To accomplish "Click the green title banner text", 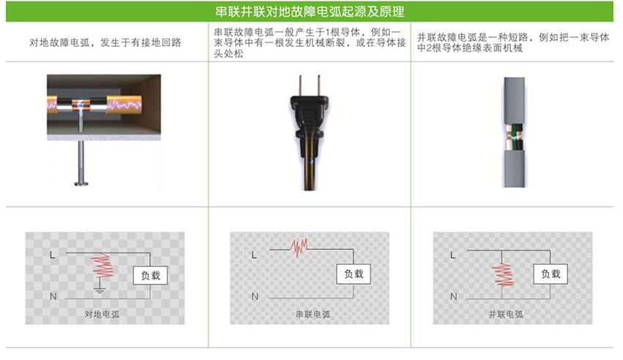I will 311,12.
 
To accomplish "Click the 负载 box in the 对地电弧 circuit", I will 150,275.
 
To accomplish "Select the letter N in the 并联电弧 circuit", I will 454,296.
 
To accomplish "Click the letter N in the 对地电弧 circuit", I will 53,296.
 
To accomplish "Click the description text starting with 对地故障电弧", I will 106,43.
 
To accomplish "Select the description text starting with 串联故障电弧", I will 308,43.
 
